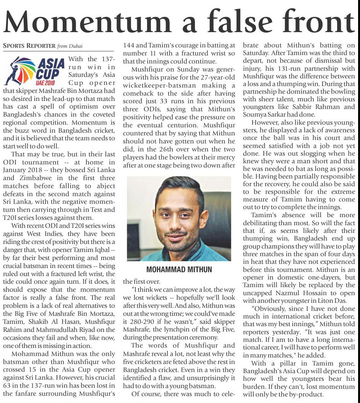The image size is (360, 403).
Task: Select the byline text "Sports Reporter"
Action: [29, 46]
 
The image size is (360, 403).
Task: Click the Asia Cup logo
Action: [34, 71]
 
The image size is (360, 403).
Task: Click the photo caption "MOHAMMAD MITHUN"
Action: [178, 269]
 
